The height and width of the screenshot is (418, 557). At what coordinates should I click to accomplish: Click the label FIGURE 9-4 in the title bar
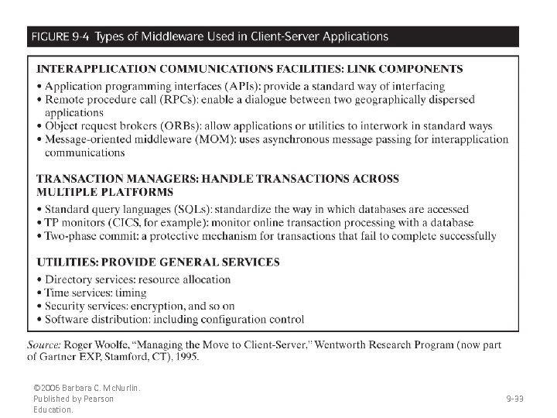tap(59, 36)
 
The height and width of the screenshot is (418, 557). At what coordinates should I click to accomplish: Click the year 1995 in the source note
tap(185, 357)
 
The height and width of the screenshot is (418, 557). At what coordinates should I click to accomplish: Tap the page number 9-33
tap(514, 399)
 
